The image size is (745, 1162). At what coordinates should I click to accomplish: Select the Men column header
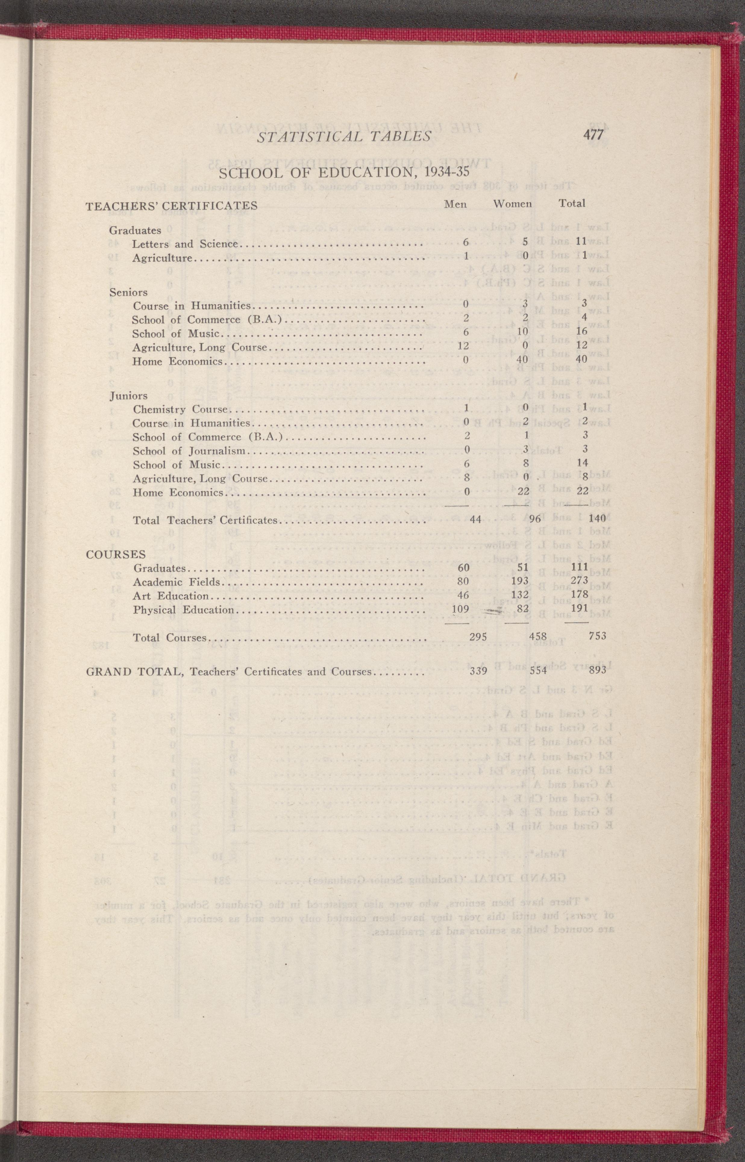tap(455, 204)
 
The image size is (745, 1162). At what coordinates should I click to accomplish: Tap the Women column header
tap(512, 204)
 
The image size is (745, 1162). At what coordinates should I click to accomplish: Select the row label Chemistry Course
tap(180, 410)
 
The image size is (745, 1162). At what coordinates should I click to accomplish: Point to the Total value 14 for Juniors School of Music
tap(582, 463)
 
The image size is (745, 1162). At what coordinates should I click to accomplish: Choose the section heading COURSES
tap(116, 554)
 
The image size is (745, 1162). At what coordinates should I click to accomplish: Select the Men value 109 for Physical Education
tap(460, 609)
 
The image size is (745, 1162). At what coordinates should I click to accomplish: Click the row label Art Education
tap(171, 596)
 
